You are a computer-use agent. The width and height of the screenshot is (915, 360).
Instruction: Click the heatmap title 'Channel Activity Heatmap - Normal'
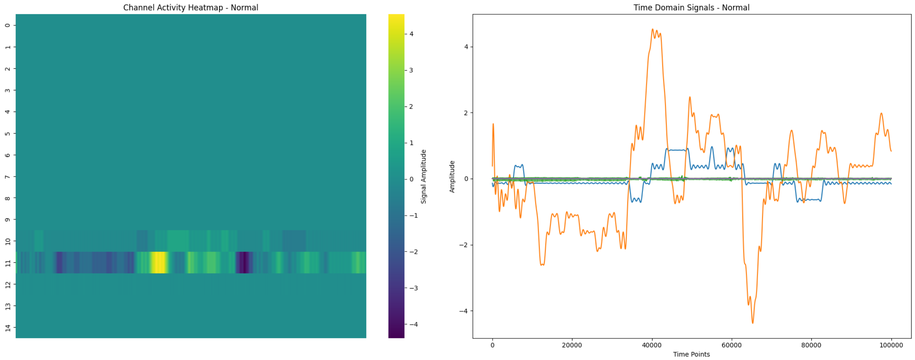[x=190, y=7]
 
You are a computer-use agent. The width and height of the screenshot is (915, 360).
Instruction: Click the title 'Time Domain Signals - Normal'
[x=691, y=7]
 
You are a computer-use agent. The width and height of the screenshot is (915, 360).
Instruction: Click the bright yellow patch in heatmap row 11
[x=159, y=263]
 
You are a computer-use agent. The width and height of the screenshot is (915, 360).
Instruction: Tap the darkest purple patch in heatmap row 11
[x=244, y=263]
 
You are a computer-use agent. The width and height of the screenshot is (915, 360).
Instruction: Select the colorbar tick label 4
[x=411, y=34]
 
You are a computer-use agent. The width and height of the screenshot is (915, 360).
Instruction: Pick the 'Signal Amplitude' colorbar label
[x=423, y=176]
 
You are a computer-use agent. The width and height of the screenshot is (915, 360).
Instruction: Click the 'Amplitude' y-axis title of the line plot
[x=452, y=176]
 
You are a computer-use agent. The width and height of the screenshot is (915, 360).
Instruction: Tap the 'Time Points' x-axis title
[x=691, y=354]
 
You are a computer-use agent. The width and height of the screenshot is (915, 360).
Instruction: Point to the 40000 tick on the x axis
[x=652, y=345]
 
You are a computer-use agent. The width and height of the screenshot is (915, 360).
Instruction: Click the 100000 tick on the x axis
[x=891, y=345]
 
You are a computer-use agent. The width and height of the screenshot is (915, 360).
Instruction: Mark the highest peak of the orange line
[x=652, y=29]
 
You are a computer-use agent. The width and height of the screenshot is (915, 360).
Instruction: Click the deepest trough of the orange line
[x=753, y=323]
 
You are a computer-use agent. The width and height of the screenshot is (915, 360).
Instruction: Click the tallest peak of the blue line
[x=712, y=147]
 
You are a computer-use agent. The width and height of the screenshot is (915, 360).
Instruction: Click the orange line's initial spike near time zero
[x=493, y=124]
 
